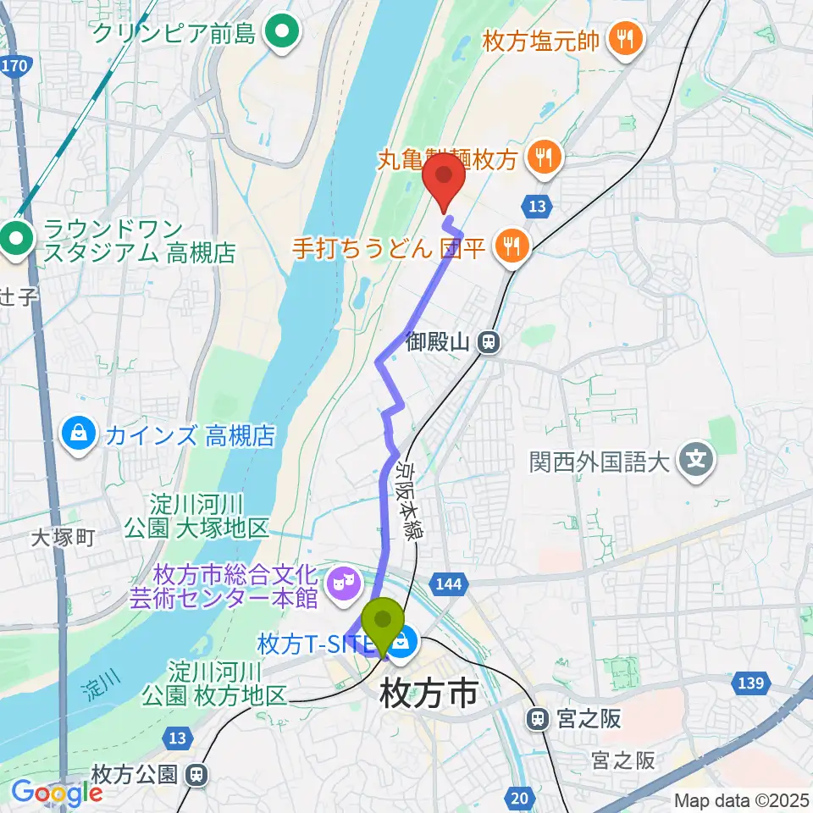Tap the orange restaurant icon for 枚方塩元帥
[626, 38]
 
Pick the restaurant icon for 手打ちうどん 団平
[511, 246]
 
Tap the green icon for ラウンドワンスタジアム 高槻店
[16, 239]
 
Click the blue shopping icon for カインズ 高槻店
[79, 435]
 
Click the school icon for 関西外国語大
[696, 462]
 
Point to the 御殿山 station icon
[489, 342]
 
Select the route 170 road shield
[16, 64]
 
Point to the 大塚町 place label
[64, 537]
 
